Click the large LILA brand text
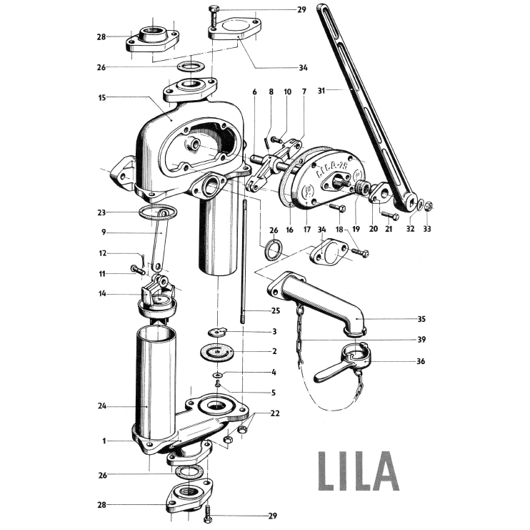point(357,470)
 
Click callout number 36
point(421,361)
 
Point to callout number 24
point(101,406)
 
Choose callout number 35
point(421,319)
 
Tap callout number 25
point(276,311)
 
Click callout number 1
point(104,441)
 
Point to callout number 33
point(428,229)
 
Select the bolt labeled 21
point(389,215)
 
